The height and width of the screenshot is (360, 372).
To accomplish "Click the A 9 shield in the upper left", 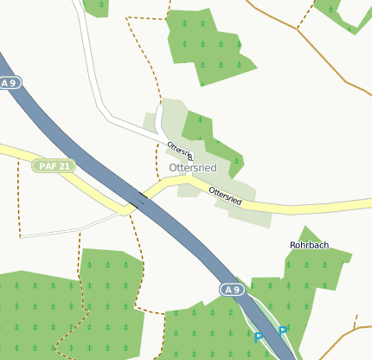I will pos(10,83).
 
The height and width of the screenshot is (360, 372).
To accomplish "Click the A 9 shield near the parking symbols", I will pos(229,288).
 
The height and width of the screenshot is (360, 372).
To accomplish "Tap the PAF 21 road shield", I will pos(54,165).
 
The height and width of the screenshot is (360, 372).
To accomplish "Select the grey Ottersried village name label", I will pos(192,166).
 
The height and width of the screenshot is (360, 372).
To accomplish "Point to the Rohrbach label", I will pos(309,245).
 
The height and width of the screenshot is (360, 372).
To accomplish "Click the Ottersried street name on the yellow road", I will pos(225,196).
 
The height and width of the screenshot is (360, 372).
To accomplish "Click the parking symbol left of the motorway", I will pos(258,337).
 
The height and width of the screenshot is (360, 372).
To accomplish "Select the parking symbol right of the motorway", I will pos(282,330).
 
